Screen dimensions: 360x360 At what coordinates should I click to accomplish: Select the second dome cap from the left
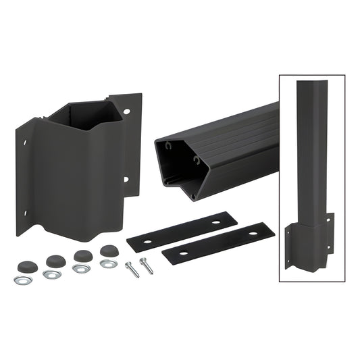pos(54,259)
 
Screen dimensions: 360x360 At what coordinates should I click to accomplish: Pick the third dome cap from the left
pos(82,256)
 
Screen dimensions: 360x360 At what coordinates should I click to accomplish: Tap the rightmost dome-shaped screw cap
pos(108,251)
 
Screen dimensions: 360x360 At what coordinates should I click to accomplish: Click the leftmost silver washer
pos(22,278)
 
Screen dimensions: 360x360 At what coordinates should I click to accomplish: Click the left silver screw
pos(133,269)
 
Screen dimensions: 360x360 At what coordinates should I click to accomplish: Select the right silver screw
pos(147,264)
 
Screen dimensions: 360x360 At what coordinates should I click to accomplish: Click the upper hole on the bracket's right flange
pos(128,110)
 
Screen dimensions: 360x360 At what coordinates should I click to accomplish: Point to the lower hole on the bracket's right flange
pos(126,179)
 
